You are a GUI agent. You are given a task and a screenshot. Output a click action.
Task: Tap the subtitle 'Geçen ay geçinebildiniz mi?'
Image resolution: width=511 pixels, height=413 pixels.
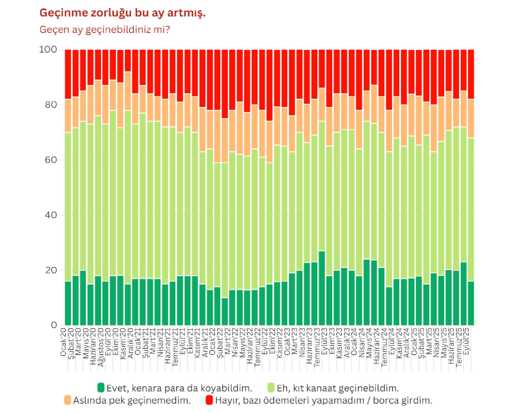tap(105, 30)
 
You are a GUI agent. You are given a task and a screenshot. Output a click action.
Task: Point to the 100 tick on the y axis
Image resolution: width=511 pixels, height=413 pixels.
tap(48, 49)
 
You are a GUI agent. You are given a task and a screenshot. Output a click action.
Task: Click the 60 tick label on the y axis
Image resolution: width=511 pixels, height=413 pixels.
tap(51, 160)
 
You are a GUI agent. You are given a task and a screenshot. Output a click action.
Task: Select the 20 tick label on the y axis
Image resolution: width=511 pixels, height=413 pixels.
tap(51, 270)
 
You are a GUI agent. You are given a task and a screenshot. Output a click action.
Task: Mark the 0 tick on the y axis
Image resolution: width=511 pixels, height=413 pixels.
tap(54, 325)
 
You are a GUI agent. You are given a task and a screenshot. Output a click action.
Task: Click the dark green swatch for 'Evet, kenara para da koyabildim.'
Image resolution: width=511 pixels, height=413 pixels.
tap(101, 388)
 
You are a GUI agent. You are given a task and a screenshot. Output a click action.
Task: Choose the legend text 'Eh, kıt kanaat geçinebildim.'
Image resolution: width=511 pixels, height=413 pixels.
tap(338, 388)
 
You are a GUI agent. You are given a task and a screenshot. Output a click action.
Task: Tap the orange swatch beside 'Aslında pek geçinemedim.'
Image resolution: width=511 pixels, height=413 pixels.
tap(67, 400)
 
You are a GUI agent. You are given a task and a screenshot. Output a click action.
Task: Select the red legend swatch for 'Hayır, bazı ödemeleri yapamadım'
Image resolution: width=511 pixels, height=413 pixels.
tap(209, 400)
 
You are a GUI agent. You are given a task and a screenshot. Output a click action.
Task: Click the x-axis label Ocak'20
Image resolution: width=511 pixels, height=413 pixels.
tap(63, 342)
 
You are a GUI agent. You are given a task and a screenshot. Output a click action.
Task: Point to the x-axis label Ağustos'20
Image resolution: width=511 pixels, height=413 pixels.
tap(101, 347)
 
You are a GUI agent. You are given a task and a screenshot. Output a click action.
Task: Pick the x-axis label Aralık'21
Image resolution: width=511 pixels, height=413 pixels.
tap(205, 343)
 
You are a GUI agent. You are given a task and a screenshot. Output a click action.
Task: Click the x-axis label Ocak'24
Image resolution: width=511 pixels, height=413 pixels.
tap(354, 342)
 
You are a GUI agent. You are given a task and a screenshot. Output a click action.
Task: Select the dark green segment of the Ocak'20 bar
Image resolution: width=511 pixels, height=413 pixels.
tap(68, 303)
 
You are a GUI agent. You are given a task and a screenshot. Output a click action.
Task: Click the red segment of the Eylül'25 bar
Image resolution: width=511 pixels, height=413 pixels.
tap(471, 74)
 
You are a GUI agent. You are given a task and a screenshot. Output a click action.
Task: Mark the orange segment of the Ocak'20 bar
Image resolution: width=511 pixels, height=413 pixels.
tap(68, 116)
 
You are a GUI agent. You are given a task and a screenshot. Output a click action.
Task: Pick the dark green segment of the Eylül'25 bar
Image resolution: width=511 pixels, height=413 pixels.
tap(471, 303)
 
